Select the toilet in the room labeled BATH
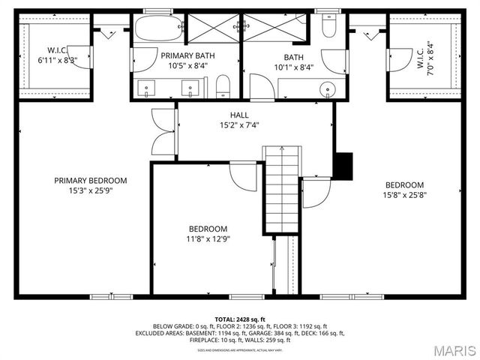click(x=328, y=28)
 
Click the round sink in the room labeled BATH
click(x=327, y=90)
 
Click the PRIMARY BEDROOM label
click(x=90, y=180)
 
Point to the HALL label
click(x=239, y=115)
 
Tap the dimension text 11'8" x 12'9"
click(x=208, y=238)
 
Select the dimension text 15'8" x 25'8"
click(x=405, y=195)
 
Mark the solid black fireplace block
click(x=343, y=166)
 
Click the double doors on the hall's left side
click(x=162, y=132)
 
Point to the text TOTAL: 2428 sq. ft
click(x=239, y=319)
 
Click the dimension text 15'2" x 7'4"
click(x=239, y=125)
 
